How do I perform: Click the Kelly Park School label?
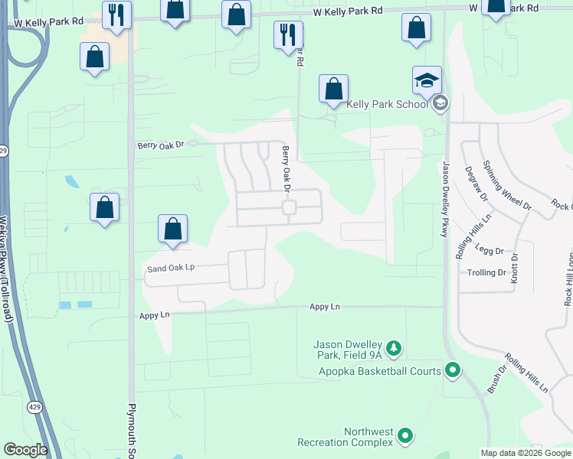[387, 104]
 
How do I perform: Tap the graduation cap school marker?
[427, 80]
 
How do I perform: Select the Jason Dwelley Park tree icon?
[394, 349]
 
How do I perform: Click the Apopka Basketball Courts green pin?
[452, 372]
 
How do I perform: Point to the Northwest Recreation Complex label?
[346, 437]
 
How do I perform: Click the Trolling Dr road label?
[486, 273]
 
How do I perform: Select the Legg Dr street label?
[489, 251]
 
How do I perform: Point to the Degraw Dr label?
[472, 185]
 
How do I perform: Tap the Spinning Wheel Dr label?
[507, 186]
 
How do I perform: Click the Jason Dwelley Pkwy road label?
[445, 198]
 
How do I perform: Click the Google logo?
[25, 450]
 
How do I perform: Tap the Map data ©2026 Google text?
[526, 453]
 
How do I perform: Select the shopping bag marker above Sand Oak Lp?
[173, 228]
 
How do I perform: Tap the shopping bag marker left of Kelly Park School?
[333, 89]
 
